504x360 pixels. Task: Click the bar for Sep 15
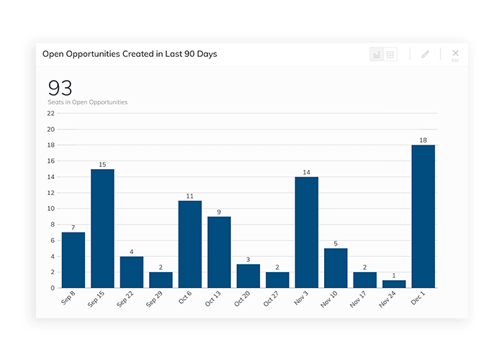(x=102, y=228)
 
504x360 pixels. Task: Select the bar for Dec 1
(x=423, y=216)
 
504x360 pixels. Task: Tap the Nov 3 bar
(x=307, y=232)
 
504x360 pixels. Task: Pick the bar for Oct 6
(x=190, y=244)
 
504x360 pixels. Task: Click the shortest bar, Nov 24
(x=394, y=284)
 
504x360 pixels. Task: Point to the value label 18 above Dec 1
(x=423, y=140)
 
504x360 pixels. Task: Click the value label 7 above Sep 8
(x=73, y=228)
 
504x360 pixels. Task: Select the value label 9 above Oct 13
(x=219, y=212)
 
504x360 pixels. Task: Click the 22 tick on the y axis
(x=50, y=114)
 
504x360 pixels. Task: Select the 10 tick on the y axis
(x=50, y=209)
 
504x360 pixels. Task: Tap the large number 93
(x=60, y=88)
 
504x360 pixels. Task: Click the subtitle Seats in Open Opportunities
(x=88, y=102)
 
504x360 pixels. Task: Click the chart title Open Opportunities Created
(x=130, y=54)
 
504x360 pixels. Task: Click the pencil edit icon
(x=426, y=55)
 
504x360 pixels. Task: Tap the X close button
(x=455, y=53)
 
